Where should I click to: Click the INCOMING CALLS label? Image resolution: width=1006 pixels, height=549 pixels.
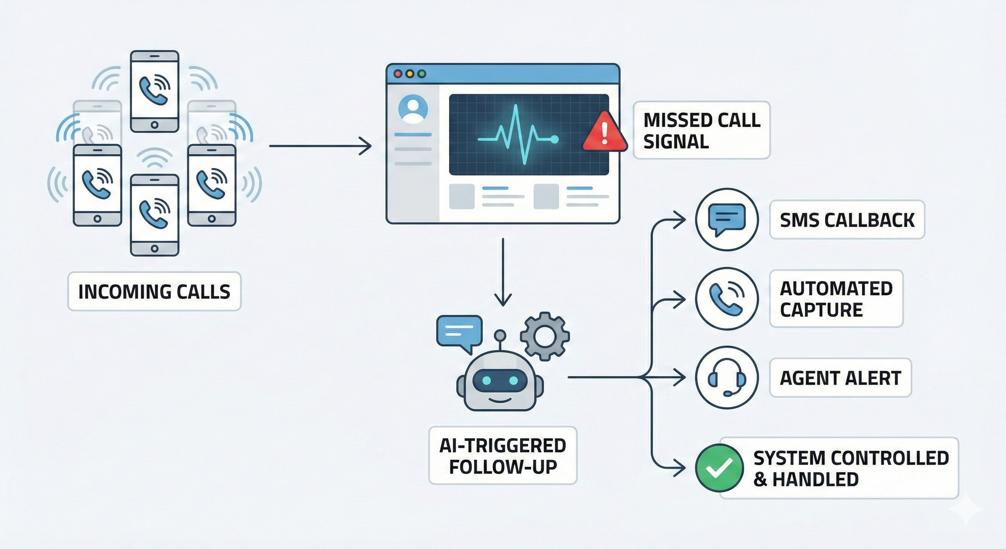click(x=154, y=292)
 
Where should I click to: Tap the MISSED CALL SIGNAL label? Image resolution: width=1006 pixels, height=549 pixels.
click(x=701, y=130)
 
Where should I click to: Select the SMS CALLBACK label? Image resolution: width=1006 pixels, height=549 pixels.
click(x=847, y=220)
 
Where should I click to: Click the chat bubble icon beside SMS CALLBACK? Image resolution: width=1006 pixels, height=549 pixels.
click(x=727, y=219)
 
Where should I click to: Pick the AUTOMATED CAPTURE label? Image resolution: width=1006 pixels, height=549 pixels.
click(x=836, y=299)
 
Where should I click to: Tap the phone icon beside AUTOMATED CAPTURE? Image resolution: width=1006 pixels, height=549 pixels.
click(x=727, y=299)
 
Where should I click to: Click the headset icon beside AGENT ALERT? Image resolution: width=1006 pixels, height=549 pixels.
click(x=727, y=377)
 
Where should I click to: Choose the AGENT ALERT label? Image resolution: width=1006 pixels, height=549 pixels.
click(x=840, y=378)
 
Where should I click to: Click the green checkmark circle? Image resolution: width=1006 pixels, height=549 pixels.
click(x=719, y=468)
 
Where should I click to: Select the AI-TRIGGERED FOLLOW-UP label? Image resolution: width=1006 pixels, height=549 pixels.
click(x=503, y=456)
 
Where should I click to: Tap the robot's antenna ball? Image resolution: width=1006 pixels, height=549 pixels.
click(x=500, y=335)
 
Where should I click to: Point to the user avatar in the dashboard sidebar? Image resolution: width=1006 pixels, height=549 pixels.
click(x=413, y=109)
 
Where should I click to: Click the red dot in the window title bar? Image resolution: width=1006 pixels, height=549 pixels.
click(x=398, y=74)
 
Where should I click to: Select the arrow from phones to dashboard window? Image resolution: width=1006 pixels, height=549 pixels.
click(x=320, y=146)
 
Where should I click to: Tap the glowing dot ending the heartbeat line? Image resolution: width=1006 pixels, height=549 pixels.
click(x=554, y=139)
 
